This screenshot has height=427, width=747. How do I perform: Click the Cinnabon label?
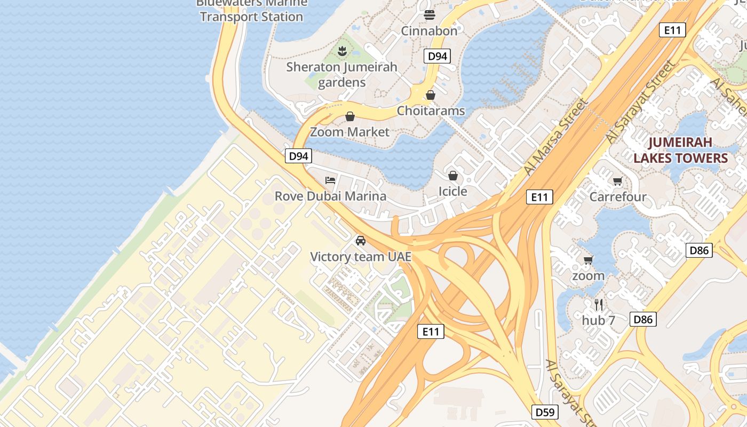[429, 31]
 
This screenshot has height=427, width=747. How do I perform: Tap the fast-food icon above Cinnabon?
[430, 15]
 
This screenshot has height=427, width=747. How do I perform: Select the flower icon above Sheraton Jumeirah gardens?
[342, 51]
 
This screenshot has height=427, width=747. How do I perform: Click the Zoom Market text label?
[349, 132]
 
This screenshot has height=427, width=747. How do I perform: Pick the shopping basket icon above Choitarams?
[431, 95]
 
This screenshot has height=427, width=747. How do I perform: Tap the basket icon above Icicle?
[452, 176]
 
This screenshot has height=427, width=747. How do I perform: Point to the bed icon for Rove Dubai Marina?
[330, 180]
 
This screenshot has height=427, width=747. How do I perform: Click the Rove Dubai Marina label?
[330, 196]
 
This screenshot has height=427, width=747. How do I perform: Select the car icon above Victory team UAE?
[361, 241]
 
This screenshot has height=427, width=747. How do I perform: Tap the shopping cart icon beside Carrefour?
[617, 181]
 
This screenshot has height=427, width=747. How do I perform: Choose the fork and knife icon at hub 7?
[599, 305]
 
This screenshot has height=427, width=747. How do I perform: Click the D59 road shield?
[545, 412]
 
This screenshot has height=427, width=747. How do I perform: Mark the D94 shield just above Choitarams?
[437, 56]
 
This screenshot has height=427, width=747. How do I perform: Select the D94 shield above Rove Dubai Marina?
[298, 156]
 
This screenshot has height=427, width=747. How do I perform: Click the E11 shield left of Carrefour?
[539, 197]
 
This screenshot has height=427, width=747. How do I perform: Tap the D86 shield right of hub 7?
[643, 320]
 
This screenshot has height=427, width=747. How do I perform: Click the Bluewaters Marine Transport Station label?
[251, 11]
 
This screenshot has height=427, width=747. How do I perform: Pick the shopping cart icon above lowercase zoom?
[588, 260]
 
